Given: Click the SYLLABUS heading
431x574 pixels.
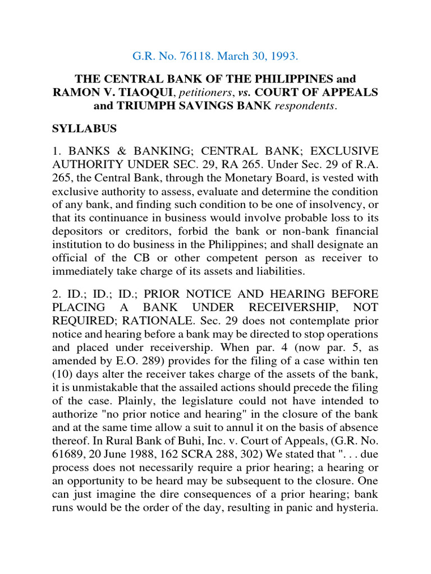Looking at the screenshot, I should [x=84, y=128].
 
